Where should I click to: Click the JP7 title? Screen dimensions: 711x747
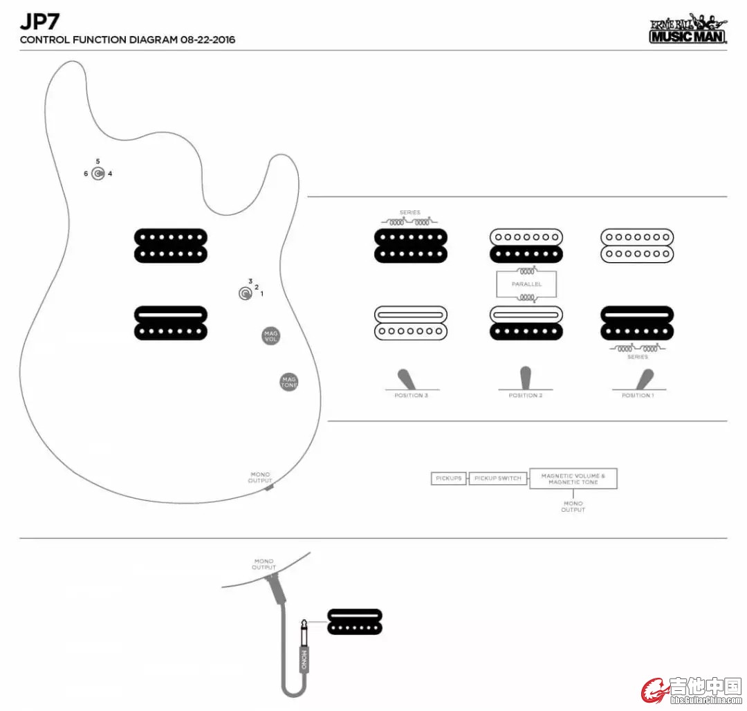[x=39, y=20]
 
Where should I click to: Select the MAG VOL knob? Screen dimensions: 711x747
[x=271, y=336]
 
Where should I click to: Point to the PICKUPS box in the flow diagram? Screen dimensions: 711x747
[x=449, y=478]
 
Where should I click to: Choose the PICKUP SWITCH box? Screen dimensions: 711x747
[x=498, y=478]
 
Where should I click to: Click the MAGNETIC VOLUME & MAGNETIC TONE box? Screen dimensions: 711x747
[x=573, y=479]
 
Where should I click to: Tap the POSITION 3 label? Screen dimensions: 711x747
[x=412, y=396]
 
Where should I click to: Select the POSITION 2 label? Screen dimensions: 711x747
[x=525, y=396]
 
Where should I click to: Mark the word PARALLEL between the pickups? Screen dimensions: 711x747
[x=526, y=284]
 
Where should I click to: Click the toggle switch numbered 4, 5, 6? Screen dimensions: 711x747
[x=98, y=174]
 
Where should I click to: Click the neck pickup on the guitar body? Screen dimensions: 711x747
[x=170, y=246]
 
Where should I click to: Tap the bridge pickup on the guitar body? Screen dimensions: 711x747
[x=170, y=323]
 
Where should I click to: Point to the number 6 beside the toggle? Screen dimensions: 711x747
[x=86, y=174]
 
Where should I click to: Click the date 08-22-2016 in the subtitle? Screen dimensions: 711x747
[x=207, y=40]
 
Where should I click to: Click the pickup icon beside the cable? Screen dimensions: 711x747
[x=354, y=621]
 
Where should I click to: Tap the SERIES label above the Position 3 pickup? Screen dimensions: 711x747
[x=409, y=213]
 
